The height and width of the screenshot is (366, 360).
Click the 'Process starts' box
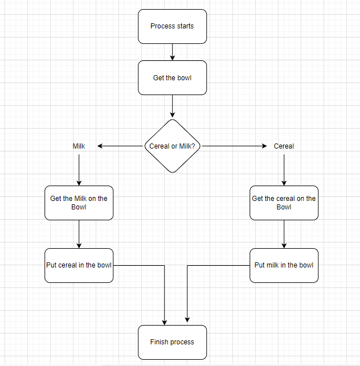click(x=172, y=26)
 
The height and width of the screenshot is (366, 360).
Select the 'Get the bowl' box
click(x=172, y=77)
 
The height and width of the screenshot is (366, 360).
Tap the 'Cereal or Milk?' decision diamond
click(x=172, y=146)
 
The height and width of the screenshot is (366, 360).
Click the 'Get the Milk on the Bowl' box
click(x=79, y=203)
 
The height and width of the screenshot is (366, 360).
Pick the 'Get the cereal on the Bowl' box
click(x=284, y=203)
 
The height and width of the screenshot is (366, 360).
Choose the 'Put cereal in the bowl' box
click(x=79, y=265)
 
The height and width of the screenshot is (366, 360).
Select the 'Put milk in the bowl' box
click(x=284, y=265)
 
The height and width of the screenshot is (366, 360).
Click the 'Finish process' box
click(x=172, y=342)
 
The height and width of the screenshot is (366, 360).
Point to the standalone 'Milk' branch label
click(x=79, y=146)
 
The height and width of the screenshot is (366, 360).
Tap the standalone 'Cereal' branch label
click(x=284, y=146)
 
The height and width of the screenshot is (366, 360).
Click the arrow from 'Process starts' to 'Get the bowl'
click(x=172, y=52)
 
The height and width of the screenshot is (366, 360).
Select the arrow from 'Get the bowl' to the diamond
click(x=172, y=106)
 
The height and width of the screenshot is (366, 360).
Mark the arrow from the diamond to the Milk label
click(x=120, y=146)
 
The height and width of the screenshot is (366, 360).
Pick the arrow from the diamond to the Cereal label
click(x=234, y=146)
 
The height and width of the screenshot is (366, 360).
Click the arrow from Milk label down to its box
click(x=79, y=168)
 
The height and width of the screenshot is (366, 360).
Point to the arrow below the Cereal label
click(x=284, y=168)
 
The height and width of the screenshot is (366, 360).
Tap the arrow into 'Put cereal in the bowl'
click(x=79, y=234)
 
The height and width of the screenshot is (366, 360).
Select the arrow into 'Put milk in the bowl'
click(x=284, y=234)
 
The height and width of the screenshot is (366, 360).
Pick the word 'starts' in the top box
click(x=185, y=26)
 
